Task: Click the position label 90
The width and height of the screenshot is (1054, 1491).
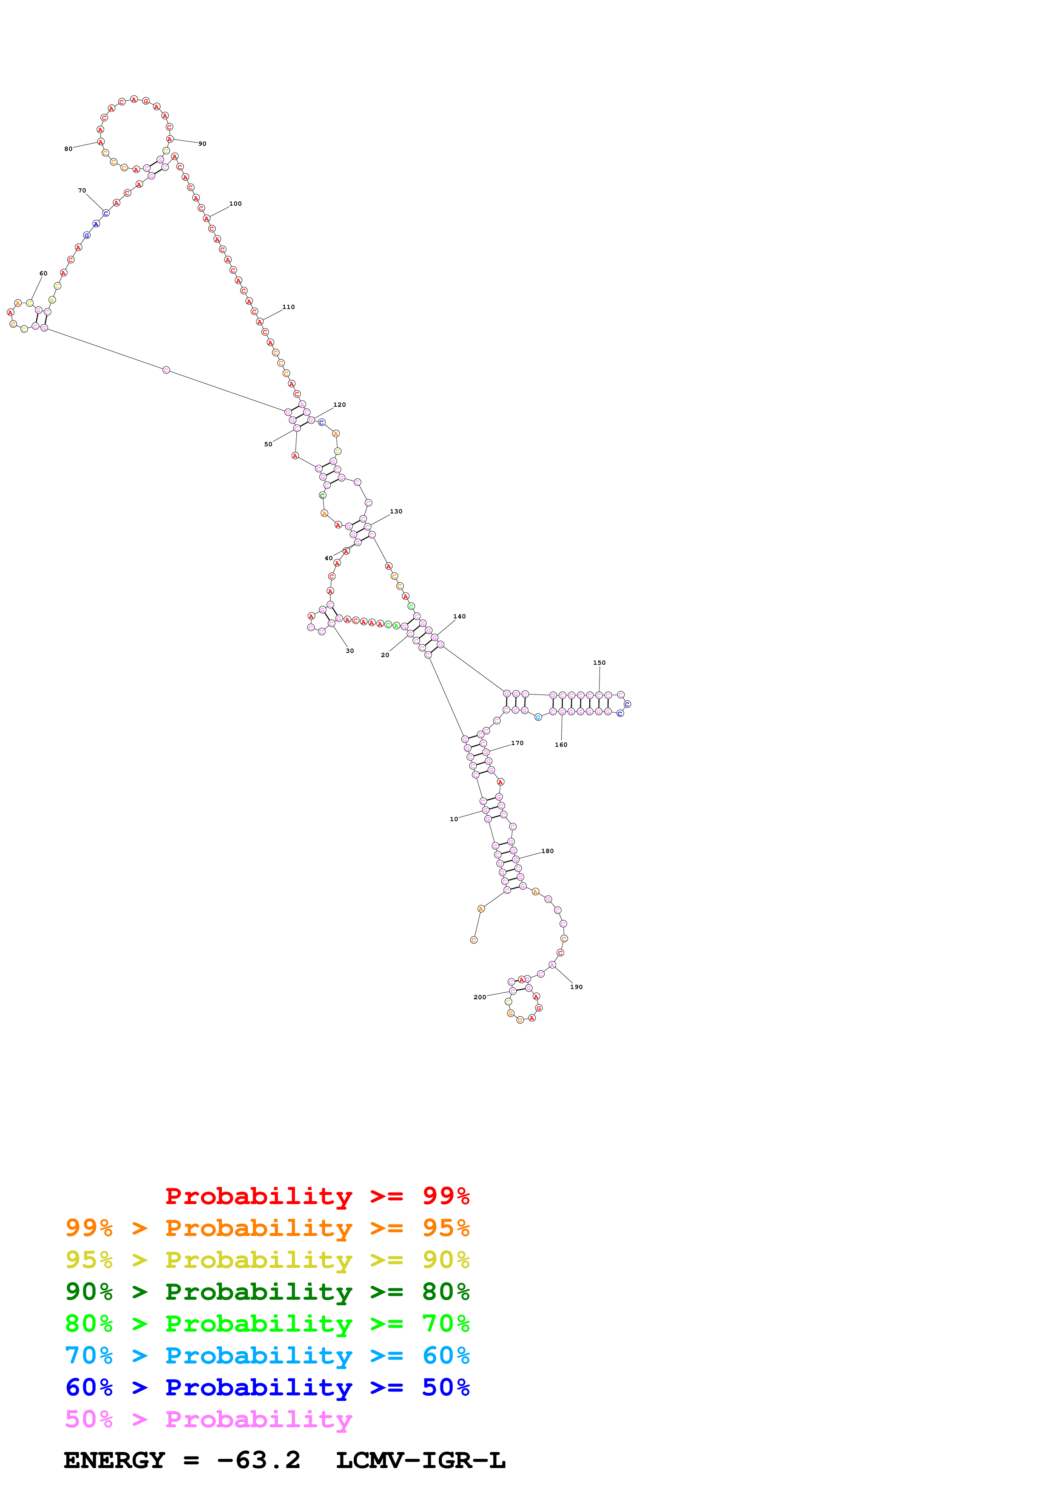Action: pos(203,144)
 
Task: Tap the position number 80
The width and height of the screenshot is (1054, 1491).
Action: pos(68,149)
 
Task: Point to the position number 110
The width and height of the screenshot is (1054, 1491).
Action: pos(288,307)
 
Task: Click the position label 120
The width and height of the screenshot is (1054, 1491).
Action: pos(340,405)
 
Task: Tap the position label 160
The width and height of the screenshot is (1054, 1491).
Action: pos(561,745)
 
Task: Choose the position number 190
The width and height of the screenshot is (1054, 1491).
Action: pos(577,987)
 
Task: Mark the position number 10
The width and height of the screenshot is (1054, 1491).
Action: pos(454,819)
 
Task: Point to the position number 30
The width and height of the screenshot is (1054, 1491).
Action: pos(350,651)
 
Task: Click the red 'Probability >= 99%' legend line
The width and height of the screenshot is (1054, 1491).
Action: pos(318,1196)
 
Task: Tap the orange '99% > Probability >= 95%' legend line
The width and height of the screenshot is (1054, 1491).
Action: pos(267,1228)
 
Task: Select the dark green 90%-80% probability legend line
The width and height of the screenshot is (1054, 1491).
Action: pos(267,1292)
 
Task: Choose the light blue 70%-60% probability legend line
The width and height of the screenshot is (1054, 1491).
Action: pos(267,1356)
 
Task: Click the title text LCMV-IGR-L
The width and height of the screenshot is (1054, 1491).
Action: pos(421,1460)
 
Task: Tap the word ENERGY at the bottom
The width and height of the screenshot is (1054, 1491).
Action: pos(114,1460)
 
